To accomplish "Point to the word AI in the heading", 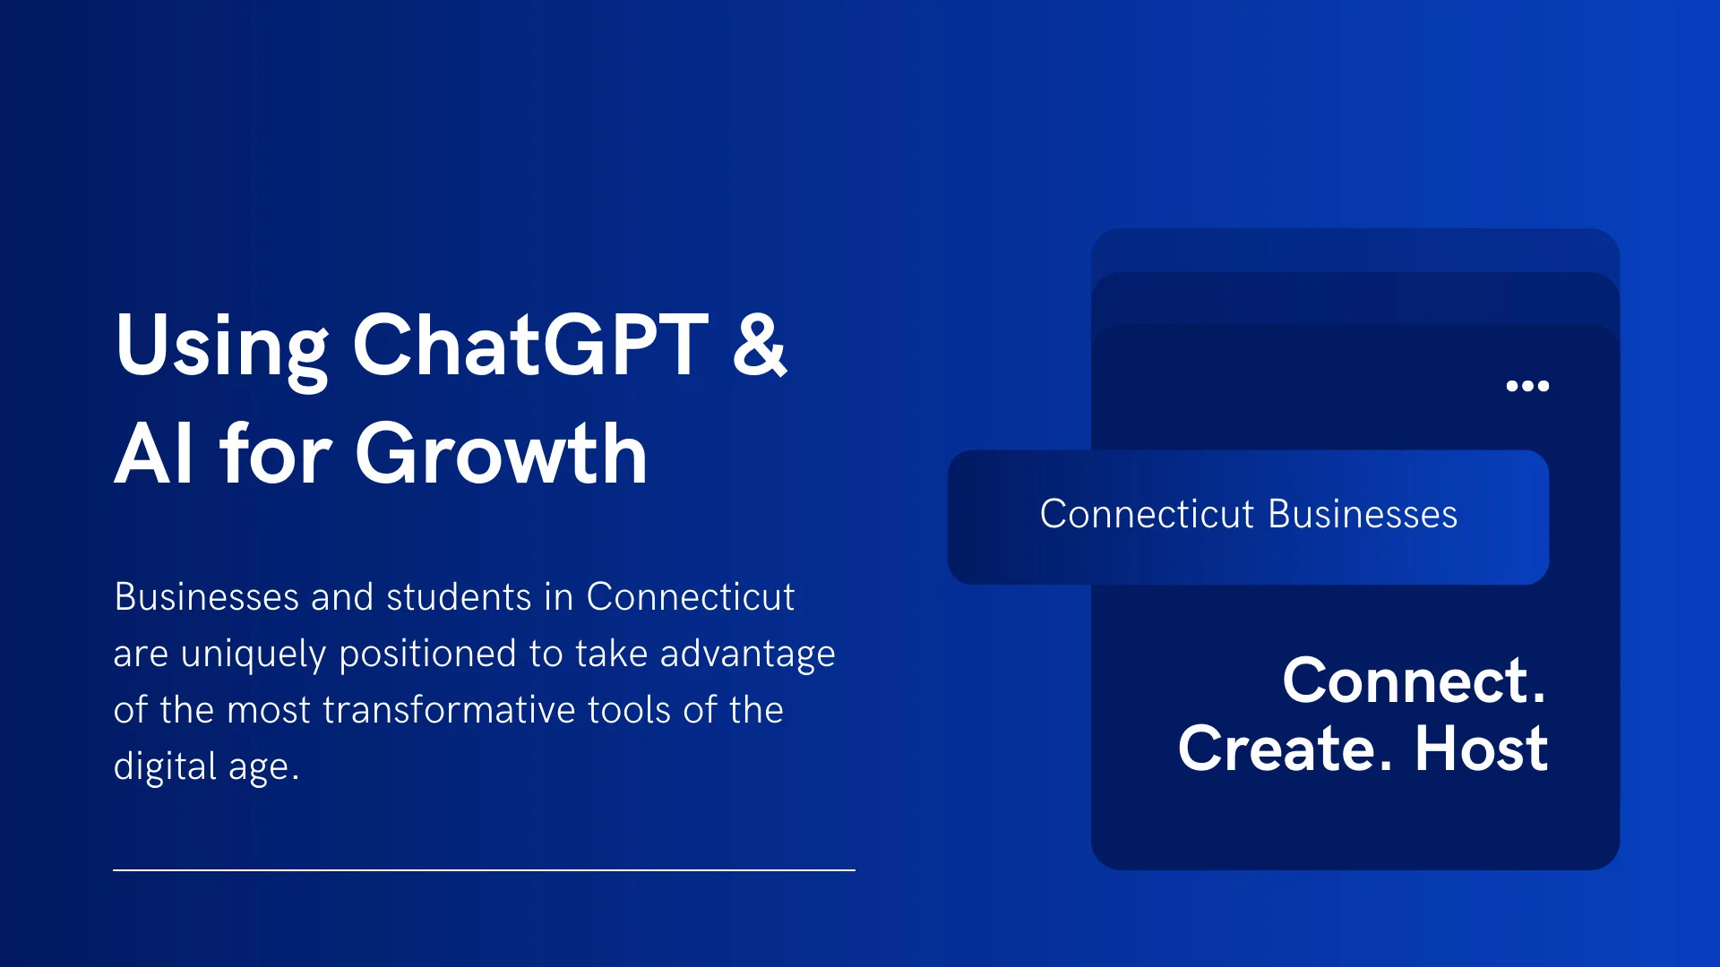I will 153,455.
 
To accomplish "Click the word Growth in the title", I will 501,455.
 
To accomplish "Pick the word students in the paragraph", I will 459,597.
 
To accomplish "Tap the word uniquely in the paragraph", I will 254,655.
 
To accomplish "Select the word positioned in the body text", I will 427,655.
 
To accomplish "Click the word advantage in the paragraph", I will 747,655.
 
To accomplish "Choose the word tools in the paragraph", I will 628,710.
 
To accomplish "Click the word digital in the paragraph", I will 165,766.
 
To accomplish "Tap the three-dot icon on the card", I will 1527,386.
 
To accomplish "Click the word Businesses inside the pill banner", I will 1363,515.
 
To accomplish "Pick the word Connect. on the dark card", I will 1414,681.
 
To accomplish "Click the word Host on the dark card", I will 1481,749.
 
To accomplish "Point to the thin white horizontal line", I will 484,869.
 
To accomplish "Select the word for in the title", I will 276,455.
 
